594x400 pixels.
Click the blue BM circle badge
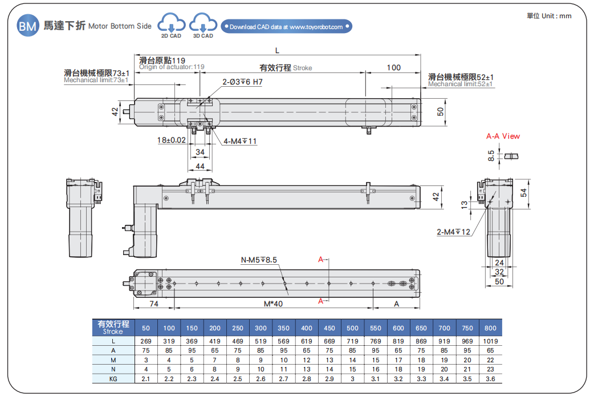coord(27,26)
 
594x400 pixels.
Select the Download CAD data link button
coord(286,27)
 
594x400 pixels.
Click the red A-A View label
coord(503,136)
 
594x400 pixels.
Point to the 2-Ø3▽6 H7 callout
coord(242,82)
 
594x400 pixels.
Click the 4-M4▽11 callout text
coord(240,141)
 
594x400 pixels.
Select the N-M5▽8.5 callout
coord(258,260)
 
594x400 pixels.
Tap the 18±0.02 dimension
coord(172,140)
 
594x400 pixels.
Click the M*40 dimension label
coord(273,304)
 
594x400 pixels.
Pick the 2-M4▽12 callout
coord(453,232)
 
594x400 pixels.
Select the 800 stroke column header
coord(490,328)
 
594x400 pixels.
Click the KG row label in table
coord(113,378)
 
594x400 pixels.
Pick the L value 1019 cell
coord(490,341)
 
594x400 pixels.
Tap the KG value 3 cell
coord(352,378)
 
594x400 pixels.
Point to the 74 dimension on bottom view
coord(153,304)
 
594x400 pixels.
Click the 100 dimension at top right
coord(393,68)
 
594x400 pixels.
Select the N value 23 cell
coord(490,369)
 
